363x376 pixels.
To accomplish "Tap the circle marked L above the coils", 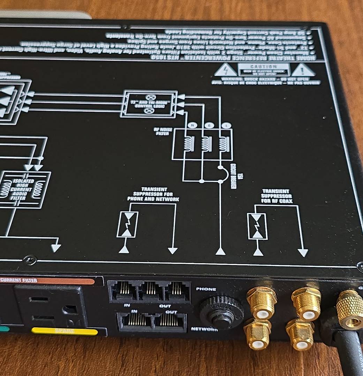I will coord(227,125).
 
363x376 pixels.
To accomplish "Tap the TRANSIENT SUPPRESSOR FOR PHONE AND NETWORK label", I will coord(153,194).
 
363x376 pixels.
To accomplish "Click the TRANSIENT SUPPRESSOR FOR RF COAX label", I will coord(276,196).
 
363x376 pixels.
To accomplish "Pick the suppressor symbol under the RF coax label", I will coord(258,227).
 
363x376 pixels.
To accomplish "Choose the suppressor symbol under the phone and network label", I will coord(127,224).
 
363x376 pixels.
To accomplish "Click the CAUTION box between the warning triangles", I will coord(264,69).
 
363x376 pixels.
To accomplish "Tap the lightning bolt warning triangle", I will coord(226,70).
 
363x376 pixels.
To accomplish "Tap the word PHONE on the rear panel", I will coord(206,289).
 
